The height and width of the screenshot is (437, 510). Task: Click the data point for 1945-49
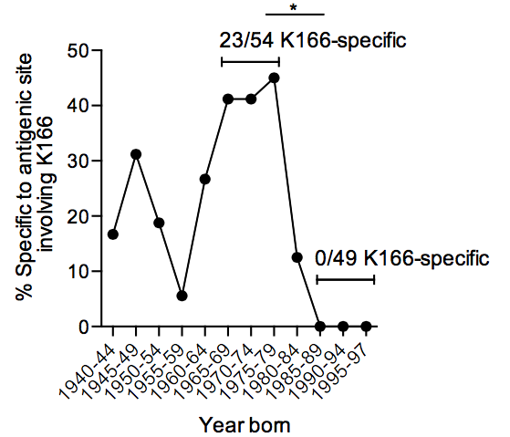(x=136, y=154)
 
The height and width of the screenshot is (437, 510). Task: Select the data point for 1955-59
(x=182, y=296)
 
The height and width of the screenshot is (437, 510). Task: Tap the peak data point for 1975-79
(x=275, y=78)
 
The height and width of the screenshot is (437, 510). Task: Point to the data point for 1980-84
(x=297, y=257)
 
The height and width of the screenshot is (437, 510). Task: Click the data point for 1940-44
(x=113, y=234)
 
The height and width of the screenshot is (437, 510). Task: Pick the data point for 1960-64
(x=205, y=179)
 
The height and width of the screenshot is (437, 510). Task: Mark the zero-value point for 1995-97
(x=366, y=326)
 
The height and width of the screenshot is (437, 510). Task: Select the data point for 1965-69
(x=228, y=99)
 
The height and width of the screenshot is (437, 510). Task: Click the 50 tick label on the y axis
(x=78, y=51)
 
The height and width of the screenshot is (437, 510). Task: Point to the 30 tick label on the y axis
(x=78, y=161)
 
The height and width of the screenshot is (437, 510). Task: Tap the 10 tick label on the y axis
(x=78, y=271)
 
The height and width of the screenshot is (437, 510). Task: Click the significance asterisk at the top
(x=294, y=8)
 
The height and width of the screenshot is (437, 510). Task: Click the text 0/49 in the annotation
(x=336, y=259)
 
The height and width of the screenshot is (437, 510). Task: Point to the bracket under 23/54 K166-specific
(x=251, y=61)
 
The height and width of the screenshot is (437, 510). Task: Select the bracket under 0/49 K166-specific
(x=346, y=279)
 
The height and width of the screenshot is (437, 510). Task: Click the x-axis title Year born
(x=245, y=424)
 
